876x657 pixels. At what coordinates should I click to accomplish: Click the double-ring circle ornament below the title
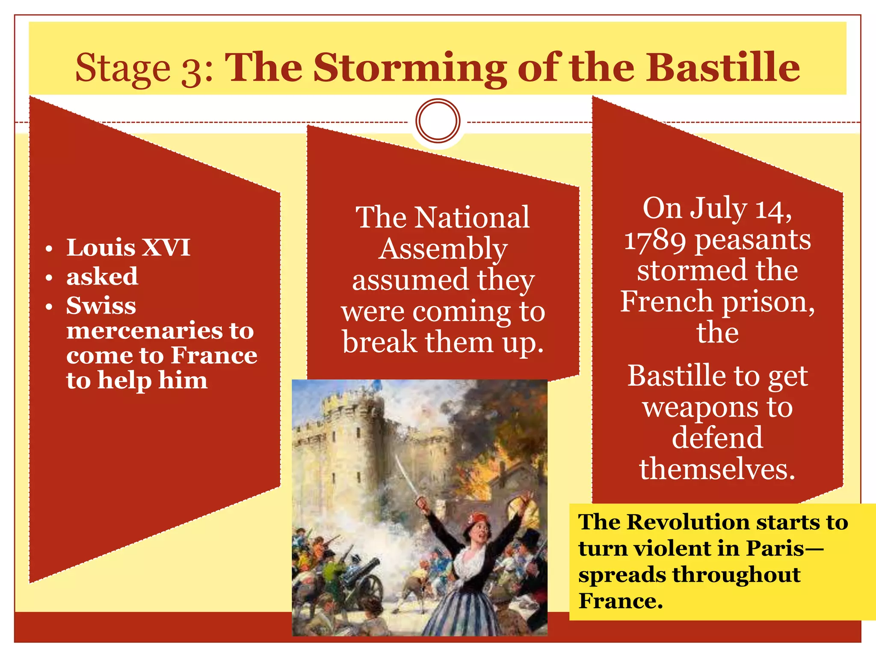(x=438, y=121)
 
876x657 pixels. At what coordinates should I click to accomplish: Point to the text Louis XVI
(x=128, y=247)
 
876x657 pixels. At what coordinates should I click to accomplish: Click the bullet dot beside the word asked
(x=49, y=278)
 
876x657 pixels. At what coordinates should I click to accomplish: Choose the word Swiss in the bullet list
(x=101, y=305)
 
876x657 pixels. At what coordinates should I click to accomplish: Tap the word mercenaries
(x=143, y=331)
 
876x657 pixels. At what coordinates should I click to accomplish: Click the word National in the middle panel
(x=472, y=217)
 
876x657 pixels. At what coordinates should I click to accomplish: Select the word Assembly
(x=443, y=249)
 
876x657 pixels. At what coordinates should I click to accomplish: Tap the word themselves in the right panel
(x=717, y=469)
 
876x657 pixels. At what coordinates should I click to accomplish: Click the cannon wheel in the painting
(x=370, y=590)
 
